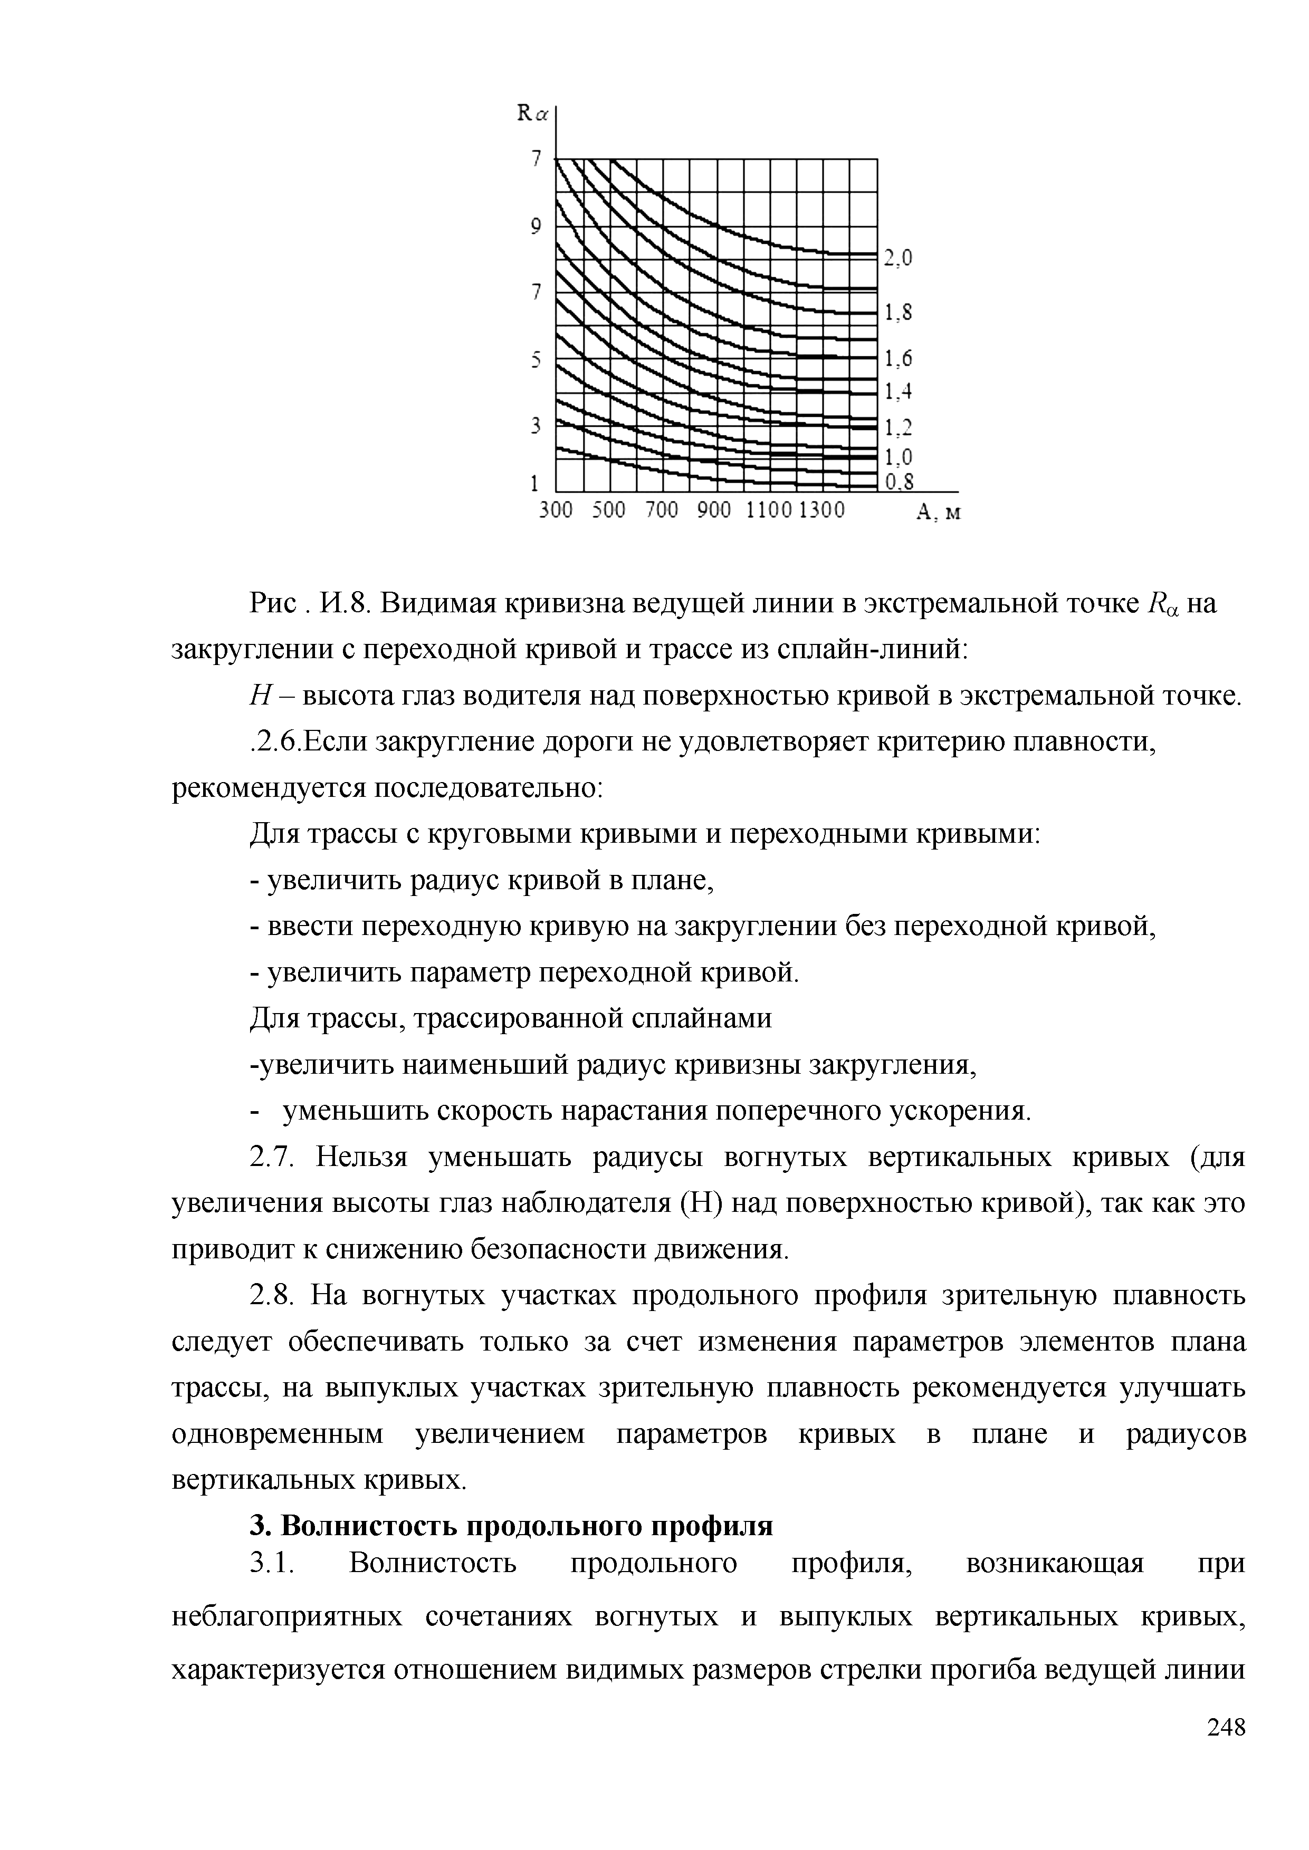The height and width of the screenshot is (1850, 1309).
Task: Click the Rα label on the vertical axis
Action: (532, 114)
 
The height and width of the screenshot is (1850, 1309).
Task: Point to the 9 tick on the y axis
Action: (535, 227)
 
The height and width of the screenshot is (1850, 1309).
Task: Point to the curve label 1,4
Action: (898, 392)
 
